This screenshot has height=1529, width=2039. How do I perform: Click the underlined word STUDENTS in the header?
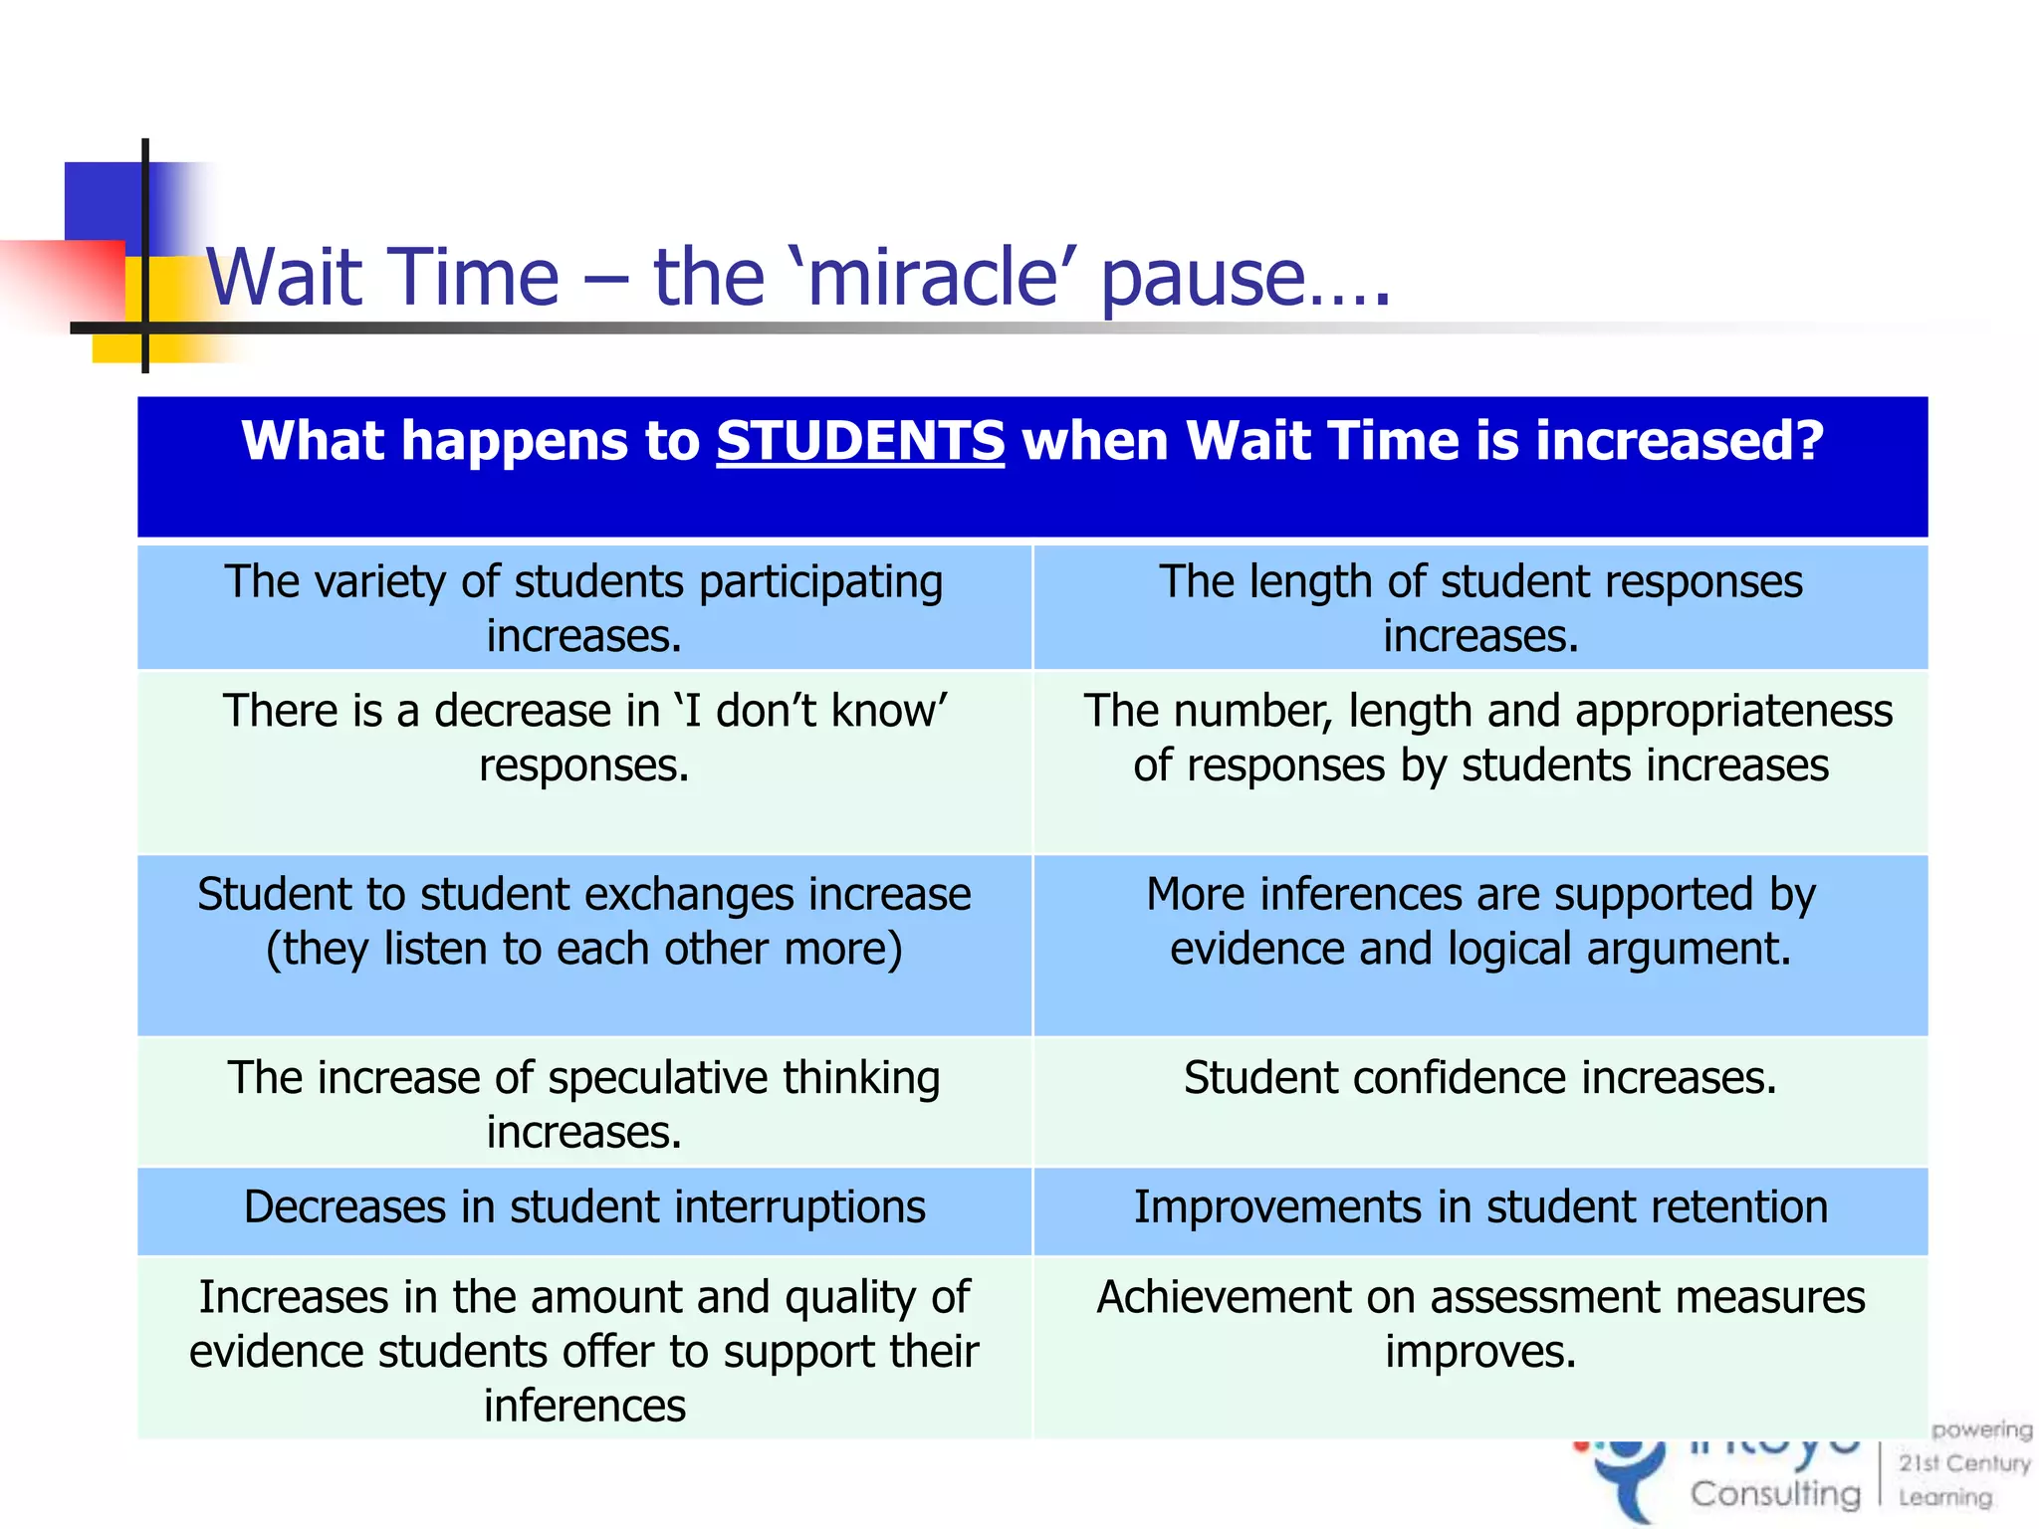tap(860, 441)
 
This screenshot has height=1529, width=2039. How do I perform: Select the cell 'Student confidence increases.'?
tap(1479, 1078)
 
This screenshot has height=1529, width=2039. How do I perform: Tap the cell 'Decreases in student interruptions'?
tap(584, 1207)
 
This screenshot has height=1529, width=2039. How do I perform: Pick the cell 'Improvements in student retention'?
tap(1479, 1207)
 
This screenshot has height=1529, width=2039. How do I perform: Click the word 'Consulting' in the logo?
tap(1774, 1493)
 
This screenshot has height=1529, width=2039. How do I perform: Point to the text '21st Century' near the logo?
tap(1963, 1463)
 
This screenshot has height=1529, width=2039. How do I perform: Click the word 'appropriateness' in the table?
tap(1733, 711)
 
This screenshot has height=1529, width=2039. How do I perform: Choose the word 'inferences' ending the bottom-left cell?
tap(584, 1407)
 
